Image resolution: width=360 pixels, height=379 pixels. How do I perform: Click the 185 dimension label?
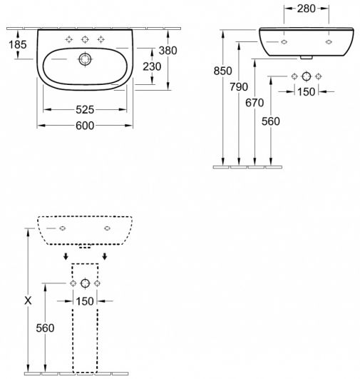[x=18, y=44]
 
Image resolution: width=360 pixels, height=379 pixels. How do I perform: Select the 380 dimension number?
[x=168, y=51]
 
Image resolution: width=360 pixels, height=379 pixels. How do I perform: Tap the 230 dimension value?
[x=152, y=66]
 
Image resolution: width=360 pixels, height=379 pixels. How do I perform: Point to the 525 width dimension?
[x=85, y=110]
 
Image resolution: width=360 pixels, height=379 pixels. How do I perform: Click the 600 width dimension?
[x=85, y=126]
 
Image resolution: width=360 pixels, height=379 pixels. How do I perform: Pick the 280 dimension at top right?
[x=306, y=9]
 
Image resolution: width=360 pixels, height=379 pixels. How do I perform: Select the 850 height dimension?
[x=223, y=71]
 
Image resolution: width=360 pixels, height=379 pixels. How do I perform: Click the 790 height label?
[x=239, y=87]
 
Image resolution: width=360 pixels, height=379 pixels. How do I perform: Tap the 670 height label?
[x=254, y=103]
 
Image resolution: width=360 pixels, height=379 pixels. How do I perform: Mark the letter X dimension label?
[x=29, y=300]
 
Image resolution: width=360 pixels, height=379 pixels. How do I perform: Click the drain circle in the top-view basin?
[x=85, y=59]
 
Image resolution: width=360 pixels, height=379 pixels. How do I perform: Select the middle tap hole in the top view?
[x=85, y=39]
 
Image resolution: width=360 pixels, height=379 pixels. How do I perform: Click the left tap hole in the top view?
[x=69, y=39]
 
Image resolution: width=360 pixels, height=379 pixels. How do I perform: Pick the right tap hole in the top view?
[x=101, y=39]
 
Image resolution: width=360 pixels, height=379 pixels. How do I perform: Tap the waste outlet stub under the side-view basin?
[x=306, y=58]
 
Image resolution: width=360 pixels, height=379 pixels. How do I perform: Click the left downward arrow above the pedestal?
[x=66, y=256]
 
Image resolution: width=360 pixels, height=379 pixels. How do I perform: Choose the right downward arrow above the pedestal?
[x=105, y=256]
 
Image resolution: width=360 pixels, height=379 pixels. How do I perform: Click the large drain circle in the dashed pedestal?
[x=85, y=283]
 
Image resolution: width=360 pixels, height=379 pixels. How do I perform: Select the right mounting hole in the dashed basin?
[x=107, y=228]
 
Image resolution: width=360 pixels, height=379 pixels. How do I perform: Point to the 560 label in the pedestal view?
[x=45, y=328]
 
